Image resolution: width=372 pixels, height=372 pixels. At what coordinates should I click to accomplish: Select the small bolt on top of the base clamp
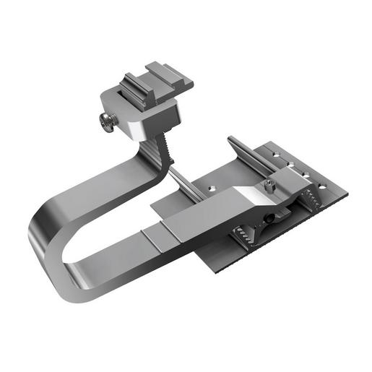click(269, 186)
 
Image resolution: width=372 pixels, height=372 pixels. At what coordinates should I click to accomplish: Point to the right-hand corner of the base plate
click(346, 194)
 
